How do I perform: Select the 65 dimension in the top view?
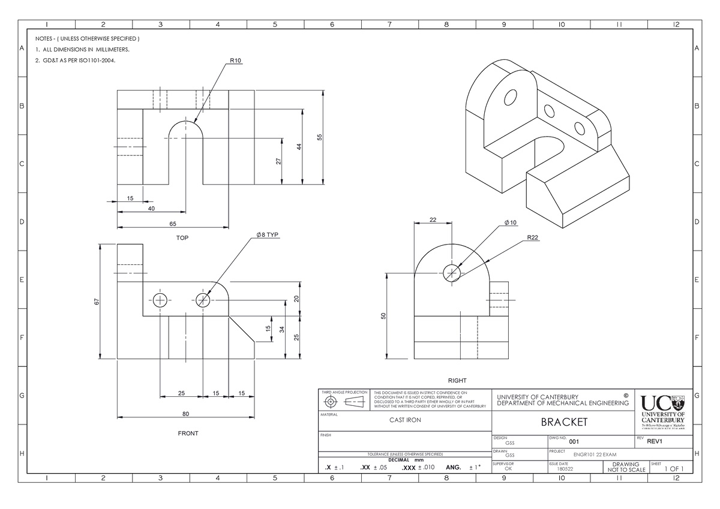pos(172,224)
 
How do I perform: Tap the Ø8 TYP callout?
pos(266,234)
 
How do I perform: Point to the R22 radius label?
pos(533,238)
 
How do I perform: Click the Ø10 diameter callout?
pos(511,223)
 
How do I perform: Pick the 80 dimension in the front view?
pos(186,412)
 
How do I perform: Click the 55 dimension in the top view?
pos(320,137)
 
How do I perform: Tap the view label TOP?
pos(182,238)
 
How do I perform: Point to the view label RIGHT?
pos(457,381)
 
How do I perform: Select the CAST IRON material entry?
pos(405,420)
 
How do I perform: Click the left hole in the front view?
pos(160,300)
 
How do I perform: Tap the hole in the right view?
pos(452,273)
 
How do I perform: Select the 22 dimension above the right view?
pos(433,219)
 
